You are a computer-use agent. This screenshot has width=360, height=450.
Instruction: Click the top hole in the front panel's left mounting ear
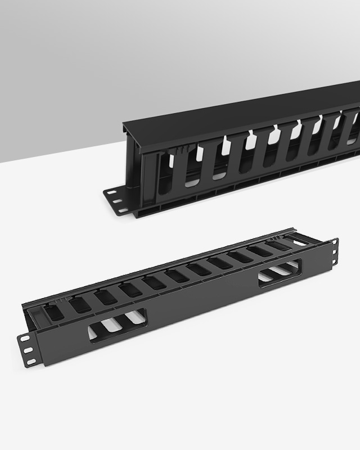pos(25,339)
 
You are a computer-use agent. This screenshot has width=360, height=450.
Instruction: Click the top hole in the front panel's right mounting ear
pos(335,243)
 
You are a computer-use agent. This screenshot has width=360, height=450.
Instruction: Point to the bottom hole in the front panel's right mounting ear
pos(335,259)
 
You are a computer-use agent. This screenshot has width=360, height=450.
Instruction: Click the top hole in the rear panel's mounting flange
pos(111,192)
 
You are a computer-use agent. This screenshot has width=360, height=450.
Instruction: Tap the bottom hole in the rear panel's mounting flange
pos(122,210)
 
